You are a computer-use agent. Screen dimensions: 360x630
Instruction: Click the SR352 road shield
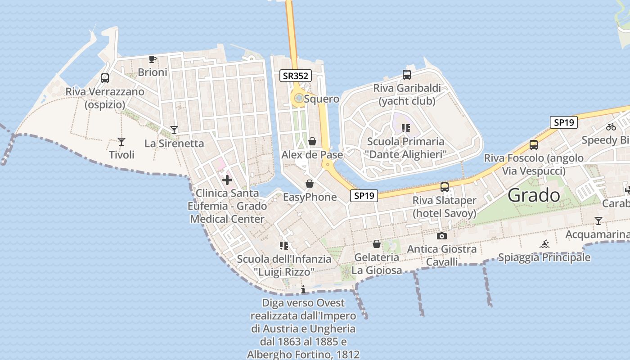tap(295, 76)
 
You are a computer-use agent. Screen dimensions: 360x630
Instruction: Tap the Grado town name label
tap(534, 195)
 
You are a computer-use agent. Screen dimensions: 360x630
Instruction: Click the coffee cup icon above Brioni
tap(152, 59)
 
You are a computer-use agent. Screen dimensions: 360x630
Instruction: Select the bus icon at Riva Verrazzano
tap(105, 78)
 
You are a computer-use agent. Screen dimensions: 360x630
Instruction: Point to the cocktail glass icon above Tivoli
tap(121, 142)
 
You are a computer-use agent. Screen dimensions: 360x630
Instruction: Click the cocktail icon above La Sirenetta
tap(174, 130)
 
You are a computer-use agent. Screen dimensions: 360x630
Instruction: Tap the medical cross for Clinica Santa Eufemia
tap(227, 180)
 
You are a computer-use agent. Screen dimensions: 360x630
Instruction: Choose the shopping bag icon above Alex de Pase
tap(312, 142)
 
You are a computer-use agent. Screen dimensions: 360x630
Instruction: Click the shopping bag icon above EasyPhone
tap(310, 184)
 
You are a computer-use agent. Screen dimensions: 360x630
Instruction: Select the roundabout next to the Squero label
tap(298, 98)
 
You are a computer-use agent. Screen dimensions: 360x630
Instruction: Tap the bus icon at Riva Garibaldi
tap(407, 75)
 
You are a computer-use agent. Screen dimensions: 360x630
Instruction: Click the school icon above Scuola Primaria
tap(406, 128)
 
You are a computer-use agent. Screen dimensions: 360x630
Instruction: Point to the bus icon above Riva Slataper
tap(445, 187)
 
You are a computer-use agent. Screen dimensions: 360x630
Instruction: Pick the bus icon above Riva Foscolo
tap(534, 144)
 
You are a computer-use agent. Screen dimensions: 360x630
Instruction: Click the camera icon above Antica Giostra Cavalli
tap(442, 236)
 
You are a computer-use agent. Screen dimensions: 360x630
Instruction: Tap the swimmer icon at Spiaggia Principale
tap(544, 244)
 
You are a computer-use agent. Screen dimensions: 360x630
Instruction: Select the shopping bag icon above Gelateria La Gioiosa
tap(377, 244)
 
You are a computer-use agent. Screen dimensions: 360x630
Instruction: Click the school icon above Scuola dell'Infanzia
tap(284, 245)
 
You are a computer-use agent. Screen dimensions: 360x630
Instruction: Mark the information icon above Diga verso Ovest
tap(303, 289)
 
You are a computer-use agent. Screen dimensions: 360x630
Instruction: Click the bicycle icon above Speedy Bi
tap(611, 127)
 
